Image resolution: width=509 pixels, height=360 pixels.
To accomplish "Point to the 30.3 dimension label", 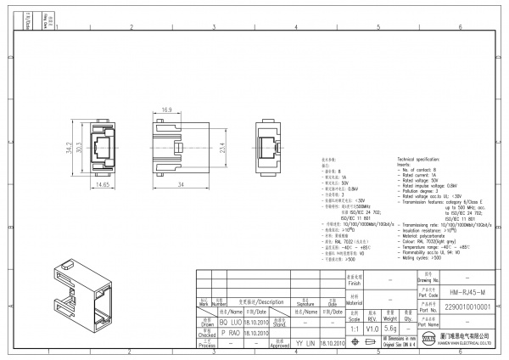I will tap(79, 148).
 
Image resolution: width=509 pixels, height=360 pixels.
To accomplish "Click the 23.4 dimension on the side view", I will tap(221, 148).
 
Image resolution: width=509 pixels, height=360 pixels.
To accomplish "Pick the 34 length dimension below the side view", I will tap(182, 183).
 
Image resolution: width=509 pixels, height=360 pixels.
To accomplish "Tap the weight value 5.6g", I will tap(391, 327).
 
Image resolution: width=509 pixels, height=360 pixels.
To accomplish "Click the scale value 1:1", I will tap(354, 327).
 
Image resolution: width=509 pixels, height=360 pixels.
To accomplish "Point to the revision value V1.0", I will tap(372, 327).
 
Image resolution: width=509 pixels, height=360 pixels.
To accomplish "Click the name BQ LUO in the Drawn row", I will tap(230, 323).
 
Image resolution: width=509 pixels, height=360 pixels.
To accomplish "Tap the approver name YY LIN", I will tap(305, 343).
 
